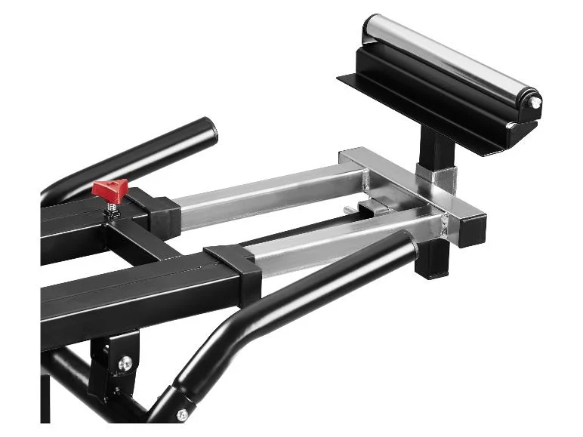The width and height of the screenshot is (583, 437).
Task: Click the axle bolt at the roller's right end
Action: click(535, 100)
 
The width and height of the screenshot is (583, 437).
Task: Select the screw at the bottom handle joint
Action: click(181, 414)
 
